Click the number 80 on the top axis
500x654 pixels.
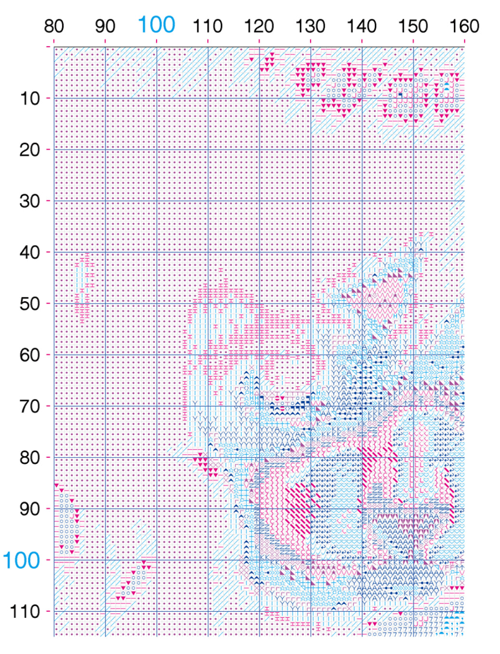[x=54, y=26]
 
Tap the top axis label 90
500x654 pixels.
[x=105, y=26]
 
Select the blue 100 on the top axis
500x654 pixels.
[x=156, y=25]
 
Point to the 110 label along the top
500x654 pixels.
[x=208, y=26]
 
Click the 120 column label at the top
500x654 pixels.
[x=259, y=26]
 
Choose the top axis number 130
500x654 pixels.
[x=310, y=26]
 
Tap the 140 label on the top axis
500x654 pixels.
[x=362, y=26]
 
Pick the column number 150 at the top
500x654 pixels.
[x=413, y=26]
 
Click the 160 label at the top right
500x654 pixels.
[x=464, y=26]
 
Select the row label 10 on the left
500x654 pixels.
[x=29, y=99]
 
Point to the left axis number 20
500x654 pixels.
[x=29, y=150]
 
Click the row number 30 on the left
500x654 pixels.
[x=29, y=201]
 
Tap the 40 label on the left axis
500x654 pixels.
[x=29, y=252]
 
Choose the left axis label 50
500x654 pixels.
[x=29, y=304]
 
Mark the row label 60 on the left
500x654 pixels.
[x=29, y=355]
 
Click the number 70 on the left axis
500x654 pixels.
[x=29, y=406]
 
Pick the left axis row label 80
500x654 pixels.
[x=29, y=458]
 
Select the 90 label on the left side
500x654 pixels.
[x=29, y=509]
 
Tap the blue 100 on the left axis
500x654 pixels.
[x=21, y=561]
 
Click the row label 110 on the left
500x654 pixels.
[x=25, y=612]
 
